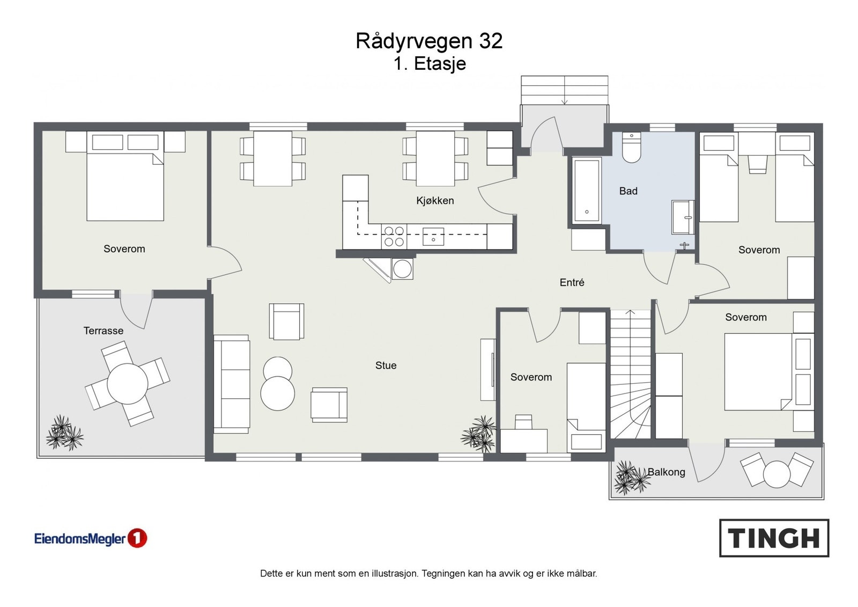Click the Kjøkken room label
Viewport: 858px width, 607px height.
435,201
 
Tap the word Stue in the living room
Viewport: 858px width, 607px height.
386,365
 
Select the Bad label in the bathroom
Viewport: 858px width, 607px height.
628,191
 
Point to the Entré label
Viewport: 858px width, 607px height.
572,282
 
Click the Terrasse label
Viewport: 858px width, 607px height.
103,331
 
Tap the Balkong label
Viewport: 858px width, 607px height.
666,472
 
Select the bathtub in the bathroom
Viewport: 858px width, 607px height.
586,191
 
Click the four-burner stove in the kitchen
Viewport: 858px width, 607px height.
394,237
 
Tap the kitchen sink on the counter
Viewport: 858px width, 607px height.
433,237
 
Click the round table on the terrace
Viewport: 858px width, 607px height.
128,384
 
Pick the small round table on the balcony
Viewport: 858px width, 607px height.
776,474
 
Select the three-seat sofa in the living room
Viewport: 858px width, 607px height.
232,384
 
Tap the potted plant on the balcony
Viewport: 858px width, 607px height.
628,478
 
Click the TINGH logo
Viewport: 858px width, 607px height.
774,538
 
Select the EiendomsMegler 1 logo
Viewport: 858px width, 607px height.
90,538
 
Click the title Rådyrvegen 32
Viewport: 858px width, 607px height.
429,41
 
